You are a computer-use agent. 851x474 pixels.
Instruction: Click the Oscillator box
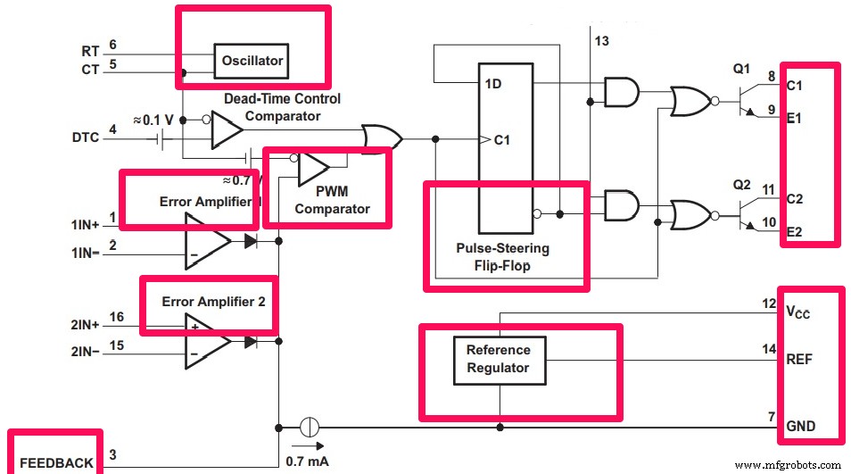[252, 61]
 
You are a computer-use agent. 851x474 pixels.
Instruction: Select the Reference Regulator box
[498, 359]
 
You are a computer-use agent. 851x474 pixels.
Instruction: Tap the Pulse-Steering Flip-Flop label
[503, 256]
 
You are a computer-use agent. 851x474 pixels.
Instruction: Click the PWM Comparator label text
[332, 201]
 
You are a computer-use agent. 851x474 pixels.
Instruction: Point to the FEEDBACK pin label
[55, 462]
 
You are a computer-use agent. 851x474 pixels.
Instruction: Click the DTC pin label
[87, 137]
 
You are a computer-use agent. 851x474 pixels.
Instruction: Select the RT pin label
[90, 51]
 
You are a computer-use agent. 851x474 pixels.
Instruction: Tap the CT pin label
[90, 70]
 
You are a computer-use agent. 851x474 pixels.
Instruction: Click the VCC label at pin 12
[801, 313]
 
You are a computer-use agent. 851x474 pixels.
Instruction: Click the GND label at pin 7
[800, 426]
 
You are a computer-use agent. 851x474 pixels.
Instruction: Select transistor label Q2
[741, 185]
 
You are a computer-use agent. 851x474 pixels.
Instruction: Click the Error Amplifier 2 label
[213, 302]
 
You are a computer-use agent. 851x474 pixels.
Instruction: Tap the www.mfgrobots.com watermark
[789, 464]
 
